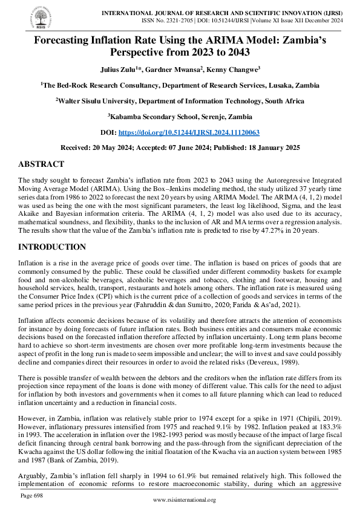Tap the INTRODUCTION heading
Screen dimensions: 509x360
(53, 247)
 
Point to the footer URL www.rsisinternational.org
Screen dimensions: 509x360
(185, 501)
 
